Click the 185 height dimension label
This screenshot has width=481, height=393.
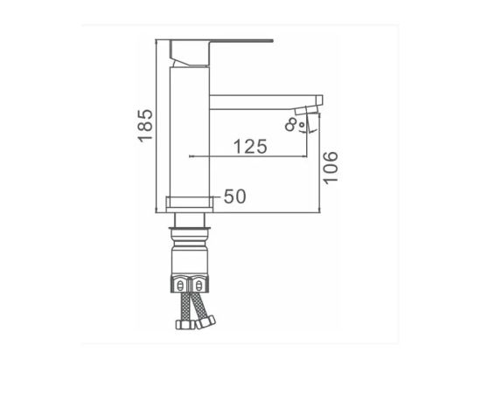point(145,126)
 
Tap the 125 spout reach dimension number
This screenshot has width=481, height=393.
point(250,147)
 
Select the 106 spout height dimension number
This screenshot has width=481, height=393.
point(331,168)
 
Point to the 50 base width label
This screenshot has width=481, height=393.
point(235,196)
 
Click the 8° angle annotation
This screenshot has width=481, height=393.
point(295,125)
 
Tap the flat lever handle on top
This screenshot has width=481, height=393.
point(221,41)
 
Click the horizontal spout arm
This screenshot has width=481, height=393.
point(266,102)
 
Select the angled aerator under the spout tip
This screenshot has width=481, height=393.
point(306,110)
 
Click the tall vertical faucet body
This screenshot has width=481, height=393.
point(190,133)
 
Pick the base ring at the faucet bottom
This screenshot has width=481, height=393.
point(190,204)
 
